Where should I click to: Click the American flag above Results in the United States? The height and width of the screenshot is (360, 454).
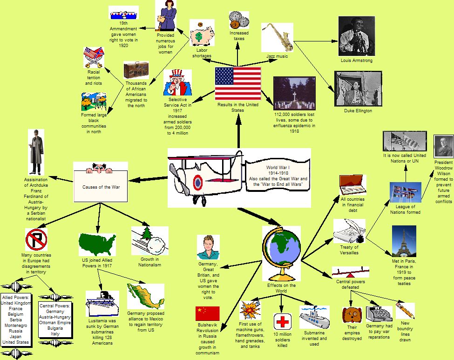click(x=238, y=83)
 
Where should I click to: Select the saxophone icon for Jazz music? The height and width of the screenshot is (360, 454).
click(x=277, y=37)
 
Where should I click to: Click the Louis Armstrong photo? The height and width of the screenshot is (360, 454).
click(x=357, y=36)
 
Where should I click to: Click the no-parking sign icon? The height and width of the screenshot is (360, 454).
click(x=36, y=239)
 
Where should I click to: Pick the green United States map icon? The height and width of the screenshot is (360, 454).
click(x=97, y=245)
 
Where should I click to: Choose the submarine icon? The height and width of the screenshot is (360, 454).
click(x=314, y=318)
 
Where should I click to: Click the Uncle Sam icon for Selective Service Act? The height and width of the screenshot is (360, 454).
click(x=177, y=82)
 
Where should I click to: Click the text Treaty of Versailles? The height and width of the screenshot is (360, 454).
click(x=349, y=250)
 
